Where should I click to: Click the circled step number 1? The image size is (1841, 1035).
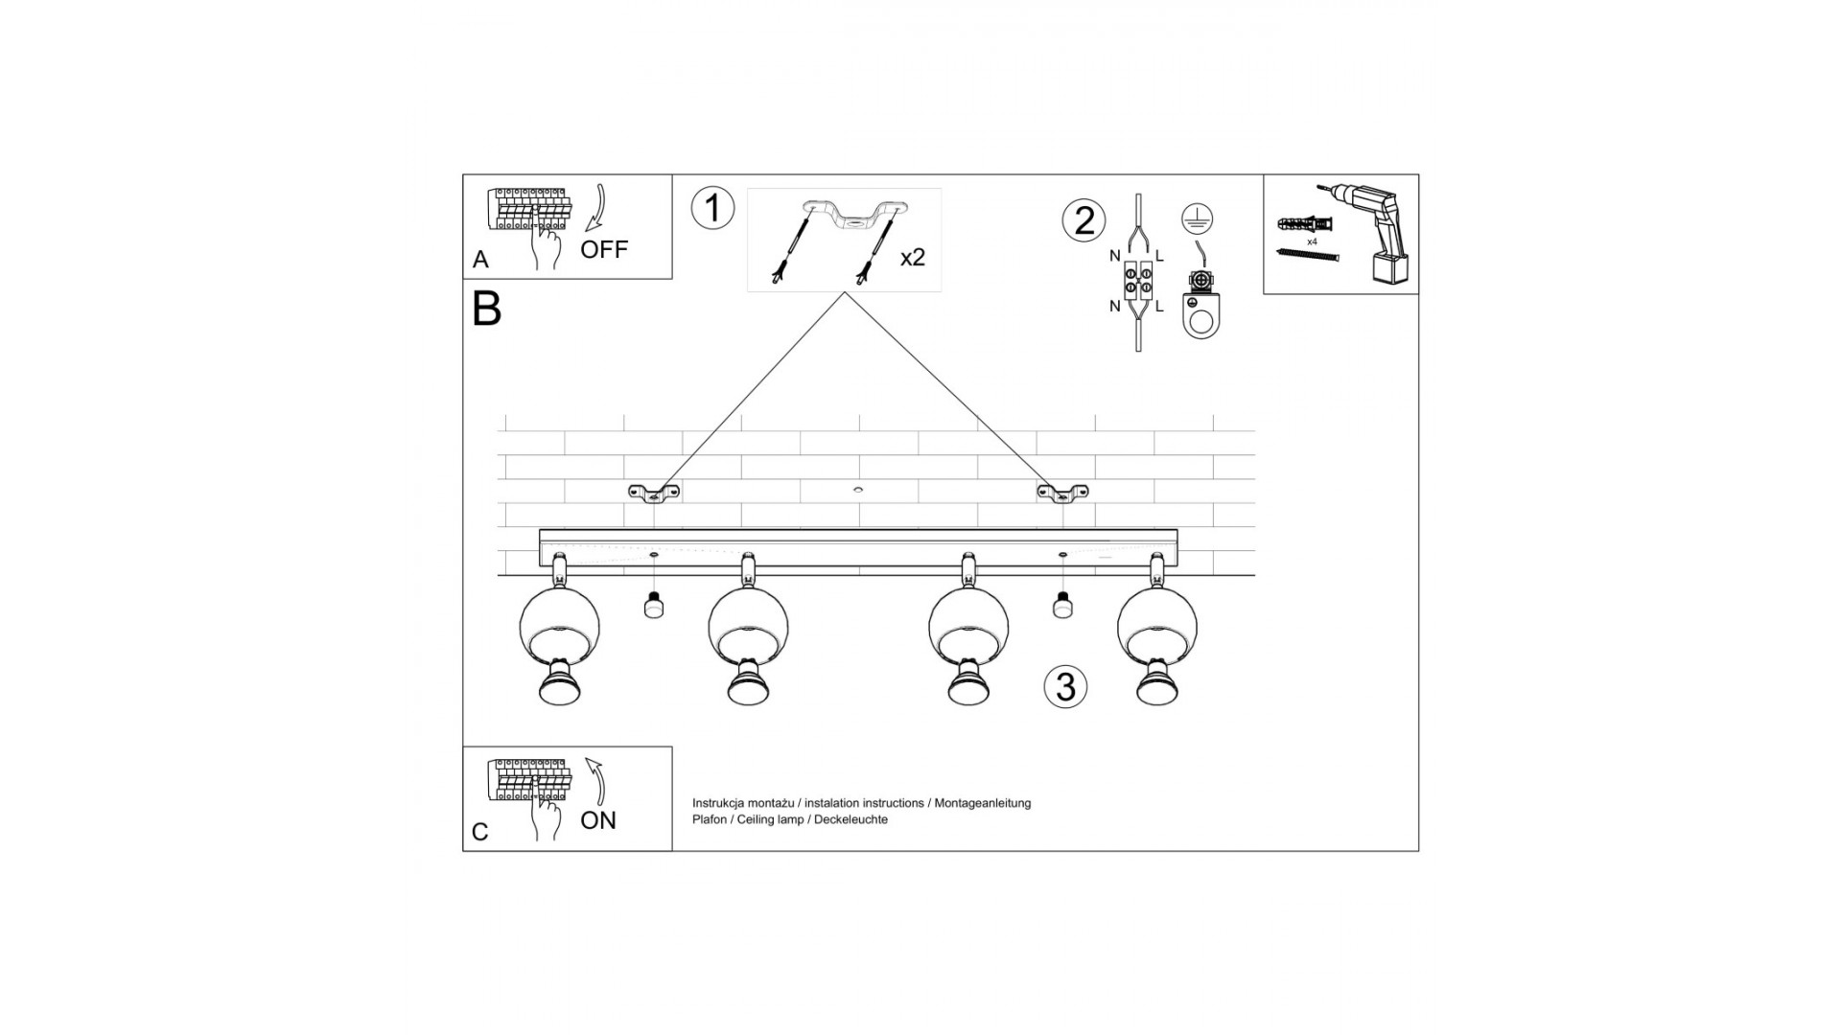(712, 208)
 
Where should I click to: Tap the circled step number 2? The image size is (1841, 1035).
(1084, 220)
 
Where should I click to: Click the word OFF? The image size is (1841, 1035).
(604, 250)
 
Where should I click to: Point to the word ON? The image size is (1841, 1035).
(598, 820)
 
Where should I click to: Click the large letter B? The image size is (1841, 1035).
(487, 309)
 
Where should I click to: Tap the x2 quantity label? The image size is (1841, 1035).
(912, 257)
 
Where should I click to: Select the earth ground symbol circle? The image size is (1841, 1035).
(1193, 218)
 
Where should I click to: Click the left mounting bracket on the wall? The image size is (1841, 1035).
(654, 493)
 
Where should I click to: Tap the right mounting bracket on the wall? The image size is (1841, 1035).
(1062, 493)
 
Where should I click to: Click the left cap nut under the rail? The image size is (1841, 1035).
(654, 606)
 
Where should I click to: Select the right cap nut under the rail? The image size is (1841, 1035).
(1061, 606)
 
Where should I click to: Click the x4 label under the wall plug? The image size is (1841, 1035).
(1312, 242)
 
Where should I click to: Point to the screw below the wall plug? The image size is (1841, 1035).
(1307, 254)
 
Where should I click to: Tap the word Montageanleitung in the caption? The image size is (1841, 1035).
(983, 803)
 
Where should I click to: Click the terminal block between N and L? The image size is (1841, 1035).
(1138, 278)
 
